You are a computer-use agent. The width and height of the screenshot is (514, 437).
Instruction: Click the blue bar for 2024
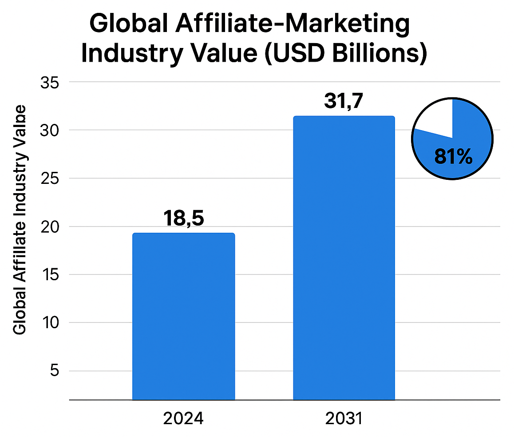pos(183,316)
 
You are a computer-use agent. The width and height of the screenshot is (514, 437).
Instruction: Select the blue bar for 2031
pos(344,258)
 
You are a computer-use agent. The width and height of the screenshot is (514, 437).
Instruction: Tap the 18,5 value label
pos(183,218)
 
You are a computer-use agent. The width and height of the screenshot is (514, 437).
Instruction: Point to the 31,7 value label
pos(344,102)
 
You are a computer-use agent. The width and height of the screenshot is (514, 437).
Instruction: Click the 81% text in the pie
pos(453,157)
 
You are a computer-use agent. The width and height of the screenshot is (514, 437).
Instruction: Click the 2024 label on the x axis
pos(183,419)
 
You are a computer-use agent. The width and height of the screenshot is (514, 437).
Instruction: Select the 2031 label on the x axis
pos(344,419)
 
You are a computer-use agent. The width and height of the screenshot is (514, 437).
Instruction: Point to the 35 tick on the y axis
pos(50,83)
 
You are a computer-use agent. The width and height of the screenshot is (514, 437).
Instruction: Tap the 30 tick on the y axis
pos(50,131)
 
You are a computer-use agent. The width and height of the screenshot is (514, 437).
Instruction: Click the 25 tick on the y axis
pos(50,179)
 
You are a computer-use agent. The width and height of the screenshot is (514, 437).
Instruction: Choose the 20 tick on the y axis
pos(50,226)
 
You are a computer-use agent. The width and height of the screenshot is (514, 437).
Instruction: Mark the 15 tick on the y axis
pos(50,274)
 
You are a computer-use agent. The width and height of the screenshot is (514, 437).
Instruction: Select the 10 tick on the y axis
pos(50,322)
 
